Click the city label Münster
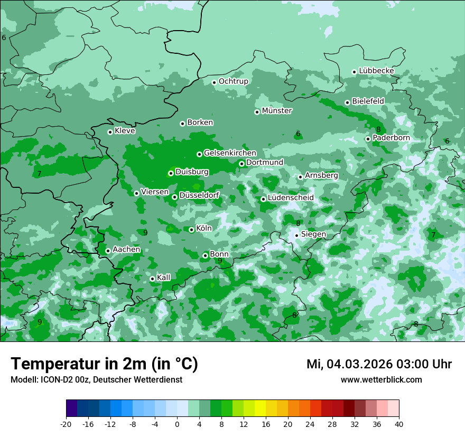point(277,111)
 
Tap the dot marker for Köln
point(191,230)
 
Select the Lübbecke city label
point(376,71)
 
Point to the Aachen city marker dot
point(108,251)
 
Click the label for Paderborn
point(391,138)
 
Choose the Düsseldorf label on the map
point(199,196)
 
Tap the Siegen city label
point(313,234)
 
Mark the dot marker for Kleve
point(110,132)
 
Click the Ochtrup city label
point(233,81)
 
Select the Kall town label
point(164,278)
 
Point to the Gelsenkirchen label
point(230,153)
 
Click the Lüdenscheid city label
point(291,198)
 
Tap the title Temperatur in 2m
point(104,364)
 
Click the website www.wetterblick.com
point(381,380)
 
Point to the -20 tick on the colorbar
point(66,424)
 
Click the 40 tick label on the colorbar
point(398,424)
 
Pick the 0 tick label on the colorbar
point(177,424)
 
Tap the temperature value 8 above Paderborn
point(378,130)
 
